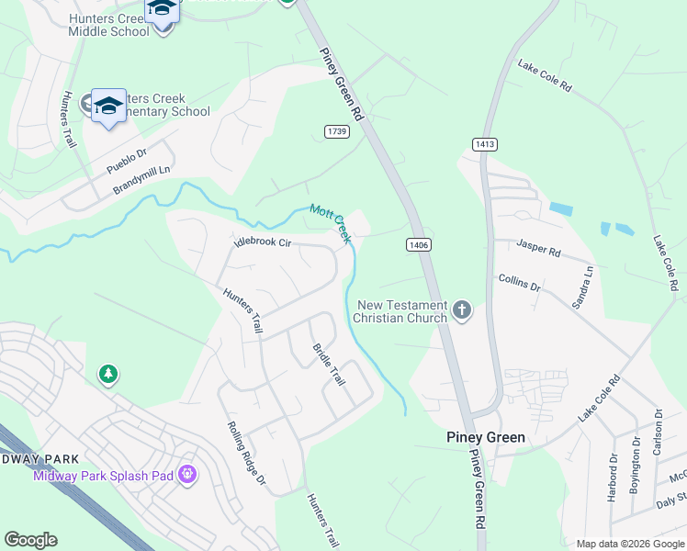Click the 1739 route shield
pyautogui.click(x=337, y=132)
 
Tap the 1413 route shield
pyautogui.click(x=485, y=144)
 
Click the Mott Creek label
pyautogui.click(x=331, y=223)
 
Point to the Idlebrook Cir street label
pyautogui.click(x=263, y=243)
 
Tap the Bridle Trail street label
pyautogui.click(x=327, y=364)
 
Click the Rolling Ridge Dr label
pyautogui.click(x=246, y=454)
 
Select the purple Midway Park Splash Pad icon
pyautogui.click(x=188, y=475)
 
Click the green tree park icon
pyautogui.click(x=108, y=374)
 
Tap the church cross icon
pyautogui.click(x=461, y=311)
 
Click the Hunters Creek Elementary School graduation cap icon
pyautogui.click(x=108, y=105)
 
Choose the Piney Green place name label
pyautogui.click(x=486, y=437)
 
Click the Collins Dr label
pyautogui.click(x=520, y=281)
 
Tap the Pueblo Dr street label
pyautogui.click(x=127, y=163)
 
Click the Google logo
pyautogui.click(x=31, y=540)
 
